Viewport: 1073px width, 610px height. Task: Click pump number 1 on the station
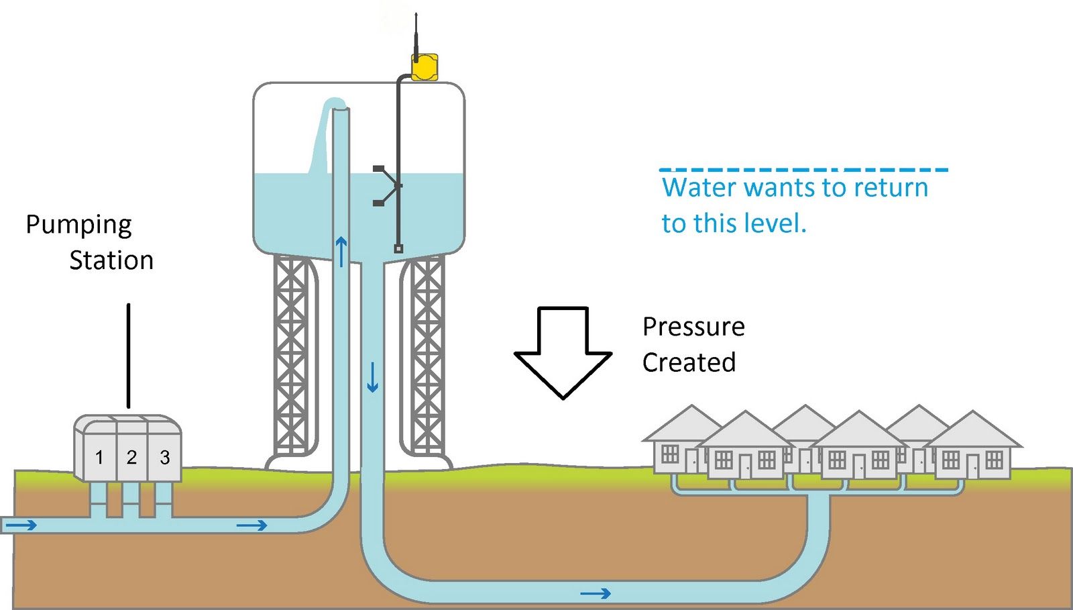[99, 458]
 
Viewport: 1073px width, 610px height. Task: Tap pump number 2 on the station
[131, 458]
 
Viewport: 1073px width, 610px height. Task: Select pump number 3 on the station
[164, 458]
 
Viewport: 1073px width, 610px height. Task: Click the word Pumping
[78, 225]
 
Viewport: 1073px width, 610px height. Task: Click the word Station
[111, 260]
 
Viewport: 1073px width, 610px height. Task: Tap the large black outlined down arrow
[563, 353]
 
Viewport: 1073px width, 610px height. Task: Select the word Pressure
[693, 327]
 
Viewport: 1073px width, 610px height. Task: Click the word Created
[689, 362]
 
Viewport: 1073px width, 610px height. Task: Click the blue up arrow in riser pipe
[341, 251]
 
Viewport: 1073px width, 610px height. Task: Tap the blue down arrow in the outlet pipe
[372, 377]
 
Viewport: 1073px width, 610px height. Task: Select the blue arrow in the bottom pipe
[596, 593]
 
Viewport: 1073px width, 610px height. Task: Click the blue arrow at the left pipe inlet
[21, 525]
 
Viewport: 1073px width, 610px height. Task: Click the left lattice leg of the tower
[291, 356]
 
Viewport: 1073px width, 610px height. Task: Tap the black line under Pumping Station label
[129, 356]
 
